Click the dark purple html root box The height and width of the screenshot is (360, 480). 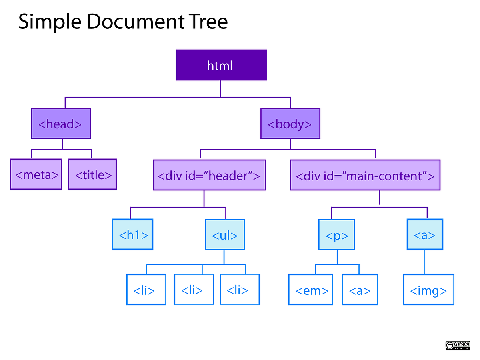tap(221, 65)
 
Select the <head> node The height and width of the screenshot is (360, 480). tap(61, 124)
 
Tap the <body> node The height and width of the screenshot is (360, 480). tap(290, 124)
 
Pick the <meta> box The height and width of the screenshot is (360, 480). tap(36, 174)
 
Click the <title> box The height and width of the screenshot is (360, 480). tap(92, 174)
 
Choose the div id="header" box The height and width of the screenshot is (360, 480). tap(209, 175)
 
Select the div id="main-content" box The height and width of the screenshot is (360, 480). tap(365, 175)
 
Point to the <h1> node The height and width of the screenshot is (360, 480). tap(132, 234)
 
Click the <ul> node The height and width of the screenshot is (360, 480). tap(224, 234)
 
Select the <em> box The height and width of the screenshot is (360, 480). tap(310, 290)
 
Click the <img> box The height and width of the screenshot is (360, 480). tap(428, 290)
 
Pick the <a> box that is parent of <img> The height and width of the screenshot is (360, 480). tap(425, 234)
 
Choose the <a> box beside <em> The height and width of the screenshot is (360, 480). tap(360, 290)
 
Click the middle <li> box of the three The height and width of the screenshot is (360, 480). tap(194, 289)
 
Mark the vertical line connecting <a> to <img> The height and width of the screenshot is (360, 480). tap(424, 262)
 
